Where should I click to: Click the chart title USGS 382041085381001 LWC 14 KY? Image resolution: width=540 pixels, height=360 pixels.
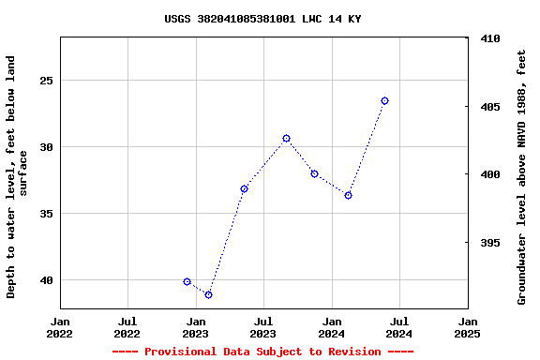(x=262, y=19)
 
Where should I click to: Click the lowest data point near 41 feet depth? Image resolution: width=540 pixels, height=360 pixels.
(x=208, y=294)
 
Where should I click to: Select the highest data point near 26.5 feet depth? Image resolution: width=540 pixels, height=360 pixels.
(x=384, y=100)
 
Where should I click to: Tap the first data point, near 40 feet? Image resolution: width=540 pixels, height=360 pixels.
(x=187, y=281)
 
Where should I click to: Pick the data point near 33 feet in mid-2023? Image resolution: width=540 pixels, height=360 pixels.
(x=244, y=188)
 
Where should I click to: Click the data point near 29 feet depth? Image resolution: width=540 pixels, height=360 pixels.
(x=286, y=138)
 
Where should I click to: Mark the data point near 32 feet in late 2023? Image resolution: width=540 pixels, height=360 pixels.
(x=314, y=173)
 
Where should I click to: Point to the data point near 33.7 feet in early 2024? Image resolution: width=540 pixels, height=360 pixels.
(x=348, y=195)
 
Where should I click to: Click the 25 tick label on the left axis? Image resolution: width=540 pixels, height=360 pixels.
(x=45, y=81)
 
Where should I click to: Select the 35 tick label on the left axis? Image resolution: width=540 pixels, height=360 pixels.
(x=45, y=214)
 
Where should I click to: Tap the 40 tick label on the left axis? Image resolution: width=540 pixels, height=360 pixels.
(x=45, y=280)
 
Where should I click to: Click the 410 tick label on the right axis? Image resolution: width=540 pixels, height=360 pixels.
(x=489, y=39)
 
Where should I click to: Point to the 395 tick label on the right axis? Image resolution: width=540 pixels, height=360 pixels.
(x=489, y=243)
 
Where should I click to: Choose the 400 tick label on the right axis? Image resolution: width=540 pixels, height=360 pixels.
(x=489, y=174)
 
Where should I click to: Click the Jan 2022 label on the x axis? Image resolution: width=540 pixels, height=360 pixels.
(x=59, y=327)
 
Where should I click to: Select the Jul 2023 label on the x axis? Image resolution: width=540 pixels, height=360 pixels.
(x=262, y=327)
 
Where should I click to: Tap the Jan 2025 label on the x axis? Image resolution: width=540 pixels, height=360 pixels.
(x=467, y=327)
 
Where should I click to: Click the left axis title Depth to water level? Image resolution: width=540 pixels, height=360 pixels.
(x=17, y=176)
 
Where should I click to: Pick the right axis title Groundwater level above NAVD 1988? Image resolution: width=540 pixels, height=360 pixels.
(x=522, y=176)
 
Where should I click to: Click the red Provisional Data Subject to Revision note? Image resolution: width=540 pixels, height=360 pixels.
(x=262, y=352)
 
